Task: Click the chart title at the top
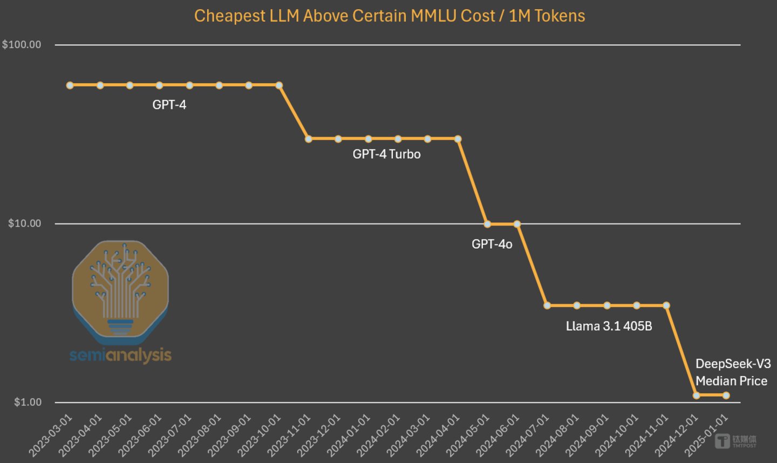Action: (389, 16)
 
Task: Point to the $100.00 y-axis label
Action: (22, 44)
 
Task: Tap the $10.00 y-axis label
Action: (25, 223)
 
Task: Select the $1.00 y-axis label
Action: (28, 402)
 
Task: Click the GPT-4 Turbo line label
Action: (386, 154)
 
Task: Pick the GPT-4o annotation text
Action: (492, 244)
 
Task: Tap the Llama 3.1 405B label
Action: (609, 326)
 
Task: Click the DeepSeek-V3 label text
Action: (733, 364)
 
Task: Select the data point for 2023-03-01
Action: (70, 85)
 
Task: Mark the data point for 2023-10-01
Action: (279, 85)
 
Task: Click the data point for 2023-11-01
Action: (309, 139)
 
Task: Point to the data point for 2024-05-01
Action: (487, 224)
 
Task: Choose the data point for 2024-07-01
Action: (547, 305)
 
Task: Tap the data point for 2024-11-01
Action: (666, 305)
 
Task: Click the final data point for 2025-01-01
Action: (726, 396)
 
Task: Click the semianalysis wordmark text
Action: (120, 355)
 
